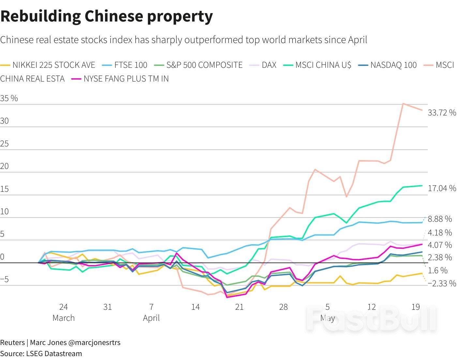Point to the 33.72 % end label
pos(442,112)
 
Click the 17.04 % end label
pos(442,188)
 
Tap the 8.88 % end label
pos(440,219)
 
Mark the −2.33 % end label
pos(442,283)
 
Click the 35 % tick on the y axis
pos(9,98)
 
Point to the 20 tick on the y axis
pos(4,166)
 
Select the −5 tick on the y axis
pos(5,279)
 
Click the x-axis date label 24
pos(63,307)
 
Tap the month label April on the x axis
pos(151,318)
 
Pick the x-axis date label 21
pos(239,307)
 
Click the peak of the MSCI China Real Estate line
pos(403,104)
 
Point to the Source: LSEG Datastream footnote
pos(41,353)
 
